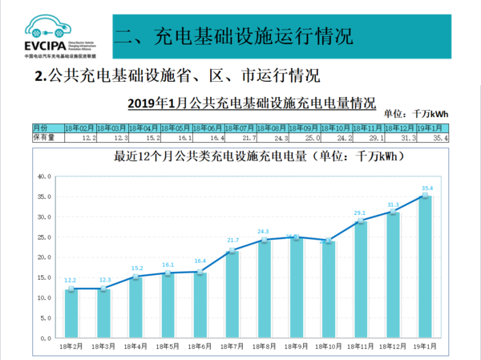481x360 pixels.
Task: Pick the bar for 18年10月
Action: [329, 289]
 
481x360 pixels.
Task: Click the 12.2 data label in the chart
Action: [71, 281]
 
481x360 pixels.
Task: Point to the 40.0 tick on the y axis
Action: [43, 176]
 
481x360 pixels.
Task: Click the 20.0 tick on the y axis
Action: [43, 257]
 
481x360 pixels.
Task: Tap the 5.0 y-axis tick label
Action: [45, 319]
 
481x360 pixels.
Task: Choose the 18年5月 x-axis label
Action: [168, 347]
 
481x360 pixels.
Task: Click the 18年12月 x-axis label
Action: [394, 347]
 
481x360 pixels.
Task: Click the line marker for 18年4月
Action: [135, 277]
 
